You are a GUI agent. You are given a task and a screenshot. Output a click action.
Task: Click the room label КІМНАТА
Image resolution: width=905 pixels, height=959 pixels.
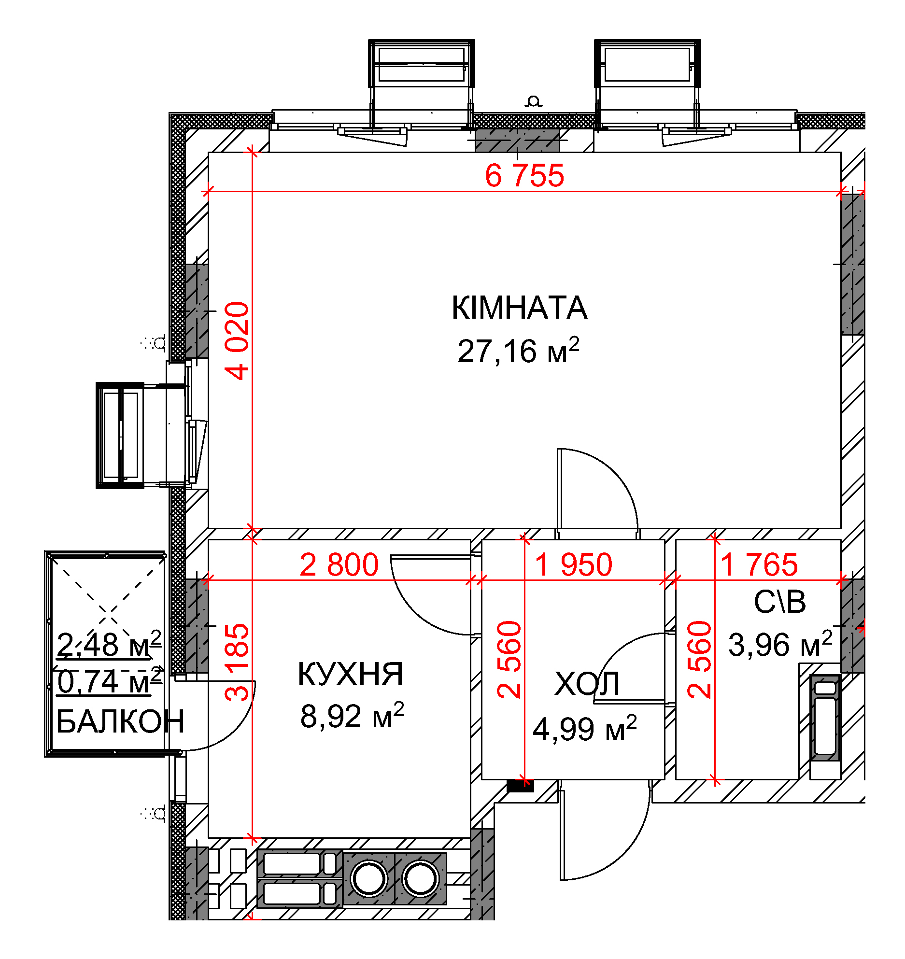click(520, 308)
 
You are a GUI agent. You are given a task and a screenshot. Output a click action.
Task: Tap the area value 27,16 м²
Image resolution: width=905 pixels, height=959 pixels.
click(518, 350)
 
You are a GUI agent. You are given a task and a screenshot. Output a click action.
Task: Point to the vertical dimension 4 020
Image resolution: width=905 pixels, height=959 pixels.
click(237, 341)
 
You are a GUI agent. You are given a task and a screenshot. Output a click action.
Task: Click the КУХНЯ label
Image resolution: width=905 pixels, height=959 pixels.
click(350, 674)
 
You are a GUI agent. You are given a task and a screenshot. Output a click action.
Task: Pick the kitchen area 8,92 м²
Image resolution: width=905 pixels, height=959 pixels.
click(352, 715)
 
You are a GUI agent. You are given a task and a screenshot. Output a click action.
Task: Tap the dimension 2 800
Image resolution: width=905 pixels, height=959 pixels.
click(339, 564)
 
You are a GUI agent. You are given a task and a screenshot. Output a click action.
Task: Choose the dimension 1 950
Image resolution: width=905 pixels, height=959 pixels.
click(574, 564)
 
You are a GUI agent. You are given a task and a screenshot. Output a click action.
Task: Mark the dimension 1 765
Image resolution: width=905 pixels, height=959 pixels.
click(759, 564)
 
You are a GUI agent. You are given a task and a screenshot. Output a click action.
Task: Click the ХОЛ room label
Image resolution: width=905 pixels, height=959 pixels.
click(587, 684)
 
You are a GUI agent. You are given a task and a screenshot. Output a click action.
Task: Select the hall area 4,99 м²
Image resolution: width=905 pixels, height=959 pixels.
click(585, 728)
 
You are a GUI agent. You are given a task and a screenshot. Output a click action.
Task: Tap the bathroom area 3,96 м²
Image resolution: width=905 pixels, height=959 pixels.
click(780, 644)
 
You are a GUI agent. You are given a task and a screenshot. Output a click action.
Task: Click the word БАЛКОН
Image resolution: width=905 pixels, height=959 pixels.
click(120, 721)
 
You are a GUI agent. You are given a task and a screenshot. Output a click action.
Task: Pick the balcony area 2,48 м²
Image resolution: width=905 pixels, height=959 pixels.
click(109, 644)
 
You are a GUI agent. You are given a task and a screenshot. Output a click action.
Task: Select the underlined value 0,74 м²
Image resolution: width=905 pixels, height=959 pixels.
click(109, 681)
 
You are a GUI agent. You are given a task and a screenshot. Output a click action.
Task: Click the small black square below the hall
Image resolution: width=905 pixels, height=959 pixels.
click(520, 786)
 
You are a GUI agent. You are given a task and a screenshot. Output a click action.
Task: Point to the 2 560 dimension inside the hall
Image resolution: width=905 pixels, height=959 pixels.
click(509, 660)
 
